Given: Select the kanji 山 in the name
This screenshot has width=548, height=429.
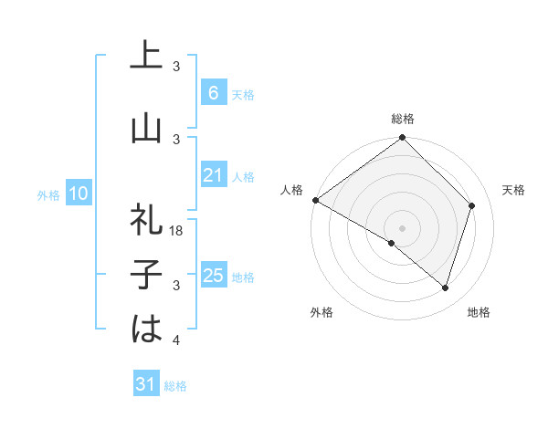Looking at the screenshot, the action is coord(146,129).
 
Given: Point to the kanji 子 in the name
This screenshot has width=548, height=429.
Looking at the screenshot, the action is coord(146,275).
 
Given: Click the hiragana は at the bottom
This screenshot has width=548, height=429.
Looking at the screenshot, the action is coord(146,328).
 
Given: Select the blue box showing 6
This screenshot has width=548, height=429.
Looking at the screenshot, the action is coord(213,93).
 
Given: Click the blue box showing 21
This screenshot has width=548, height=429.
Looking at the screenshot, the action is coord(213,176).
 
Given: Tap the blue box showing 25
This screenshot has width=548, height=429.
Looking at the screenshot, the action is coord(213,276).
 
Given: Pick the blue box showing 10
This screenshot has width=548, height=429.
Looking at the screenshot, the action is coord(79,194).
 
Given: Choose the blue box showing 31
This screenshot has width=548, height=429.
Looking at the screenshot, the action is coord(146,384).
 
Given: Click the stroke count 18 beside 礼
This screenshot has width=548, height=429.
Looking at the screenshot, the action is coord(177,232).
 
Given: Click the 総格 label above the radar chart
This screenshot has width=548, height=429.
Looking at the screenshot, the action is coord(403,119).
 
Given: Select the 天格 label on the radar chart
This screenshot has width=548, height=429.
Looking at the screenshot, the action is coord(513,190).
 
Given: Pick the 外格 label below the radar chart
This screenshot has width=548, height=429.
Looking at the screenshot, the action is coord(321,312).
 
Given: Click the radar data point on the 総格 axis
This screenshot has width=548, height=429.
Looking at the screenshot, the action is coord(403,138).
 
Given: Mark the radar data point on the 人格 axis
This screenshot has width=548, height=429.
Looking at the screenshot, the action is coord(315,200).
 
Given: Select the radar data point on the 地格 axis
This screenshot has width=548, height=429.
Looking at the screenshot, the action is coord(446,288).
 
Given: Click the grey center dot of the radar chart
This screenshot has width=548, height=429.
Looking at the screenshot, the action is coord(403,227).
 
